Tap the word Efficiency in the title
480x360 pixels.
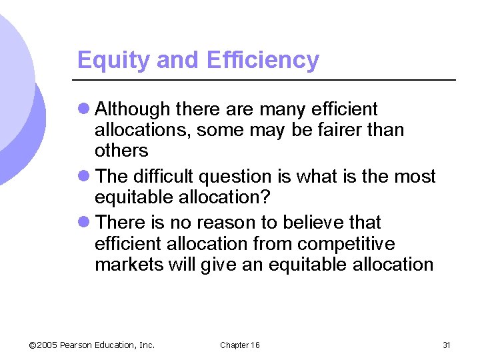click(263, 60)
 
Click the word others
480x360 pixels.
click(121, 150)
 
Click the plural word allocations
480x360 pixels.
click(142, 129)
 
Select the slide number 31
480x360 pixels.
click(447, 345)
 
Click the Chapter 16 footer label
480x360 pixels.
click(240, 345)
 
